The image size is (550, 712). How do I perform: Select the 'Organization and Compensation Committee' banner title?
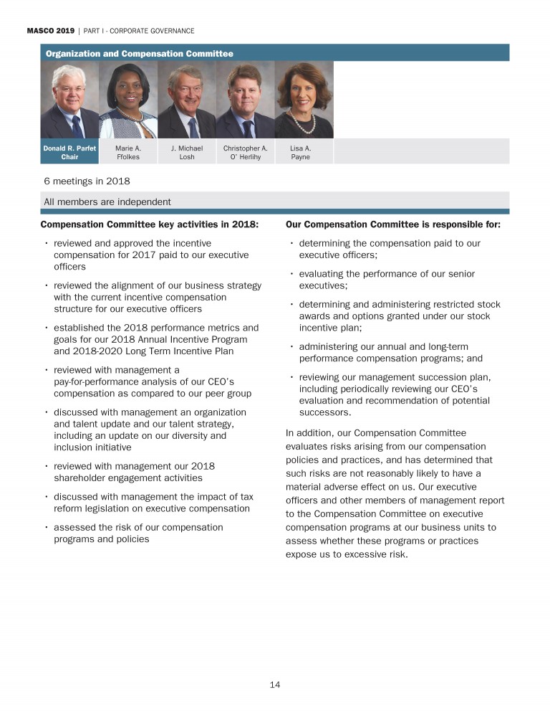point(139,54)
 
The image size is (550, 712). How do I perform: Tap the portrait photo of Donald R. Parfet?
point(69,100)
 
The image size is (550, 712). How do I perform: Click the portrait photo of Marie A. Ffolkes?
point(127,100)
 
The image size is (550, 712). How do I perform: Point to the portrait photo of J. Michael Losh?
point(187,100)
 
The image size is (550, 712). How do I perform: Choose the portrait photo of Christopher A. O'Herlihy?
point(246,100)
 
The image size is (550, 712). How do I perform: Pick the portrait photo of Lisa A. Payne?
point(304,100)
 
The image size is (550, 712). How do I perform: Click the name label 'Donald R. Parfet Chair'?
point(69,153)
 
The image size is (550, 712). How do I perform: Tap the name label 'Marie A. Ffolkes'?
point(127,153)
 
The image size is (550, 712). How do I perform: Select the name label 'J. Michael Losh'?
point(187,153)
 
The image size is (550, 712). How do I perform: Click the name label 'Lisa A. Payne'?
point(301,153)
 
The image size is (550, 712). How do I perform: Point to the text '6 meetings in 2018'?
point(87,181)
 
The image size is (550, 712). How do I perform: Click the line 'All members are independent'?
point(107,201)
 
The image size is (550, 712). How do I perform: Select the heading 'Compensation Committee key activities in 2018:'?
point(149,224)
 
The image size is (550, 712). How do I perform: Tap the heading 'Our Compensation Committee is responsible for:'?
point(392,224)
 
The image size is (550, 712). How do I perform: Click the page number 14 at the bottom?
point(275,685)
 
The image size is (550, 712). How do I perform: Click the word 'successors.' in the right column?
point(325,413)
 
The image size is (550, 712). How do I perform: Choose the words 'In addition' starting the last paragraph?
point(307,433)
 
